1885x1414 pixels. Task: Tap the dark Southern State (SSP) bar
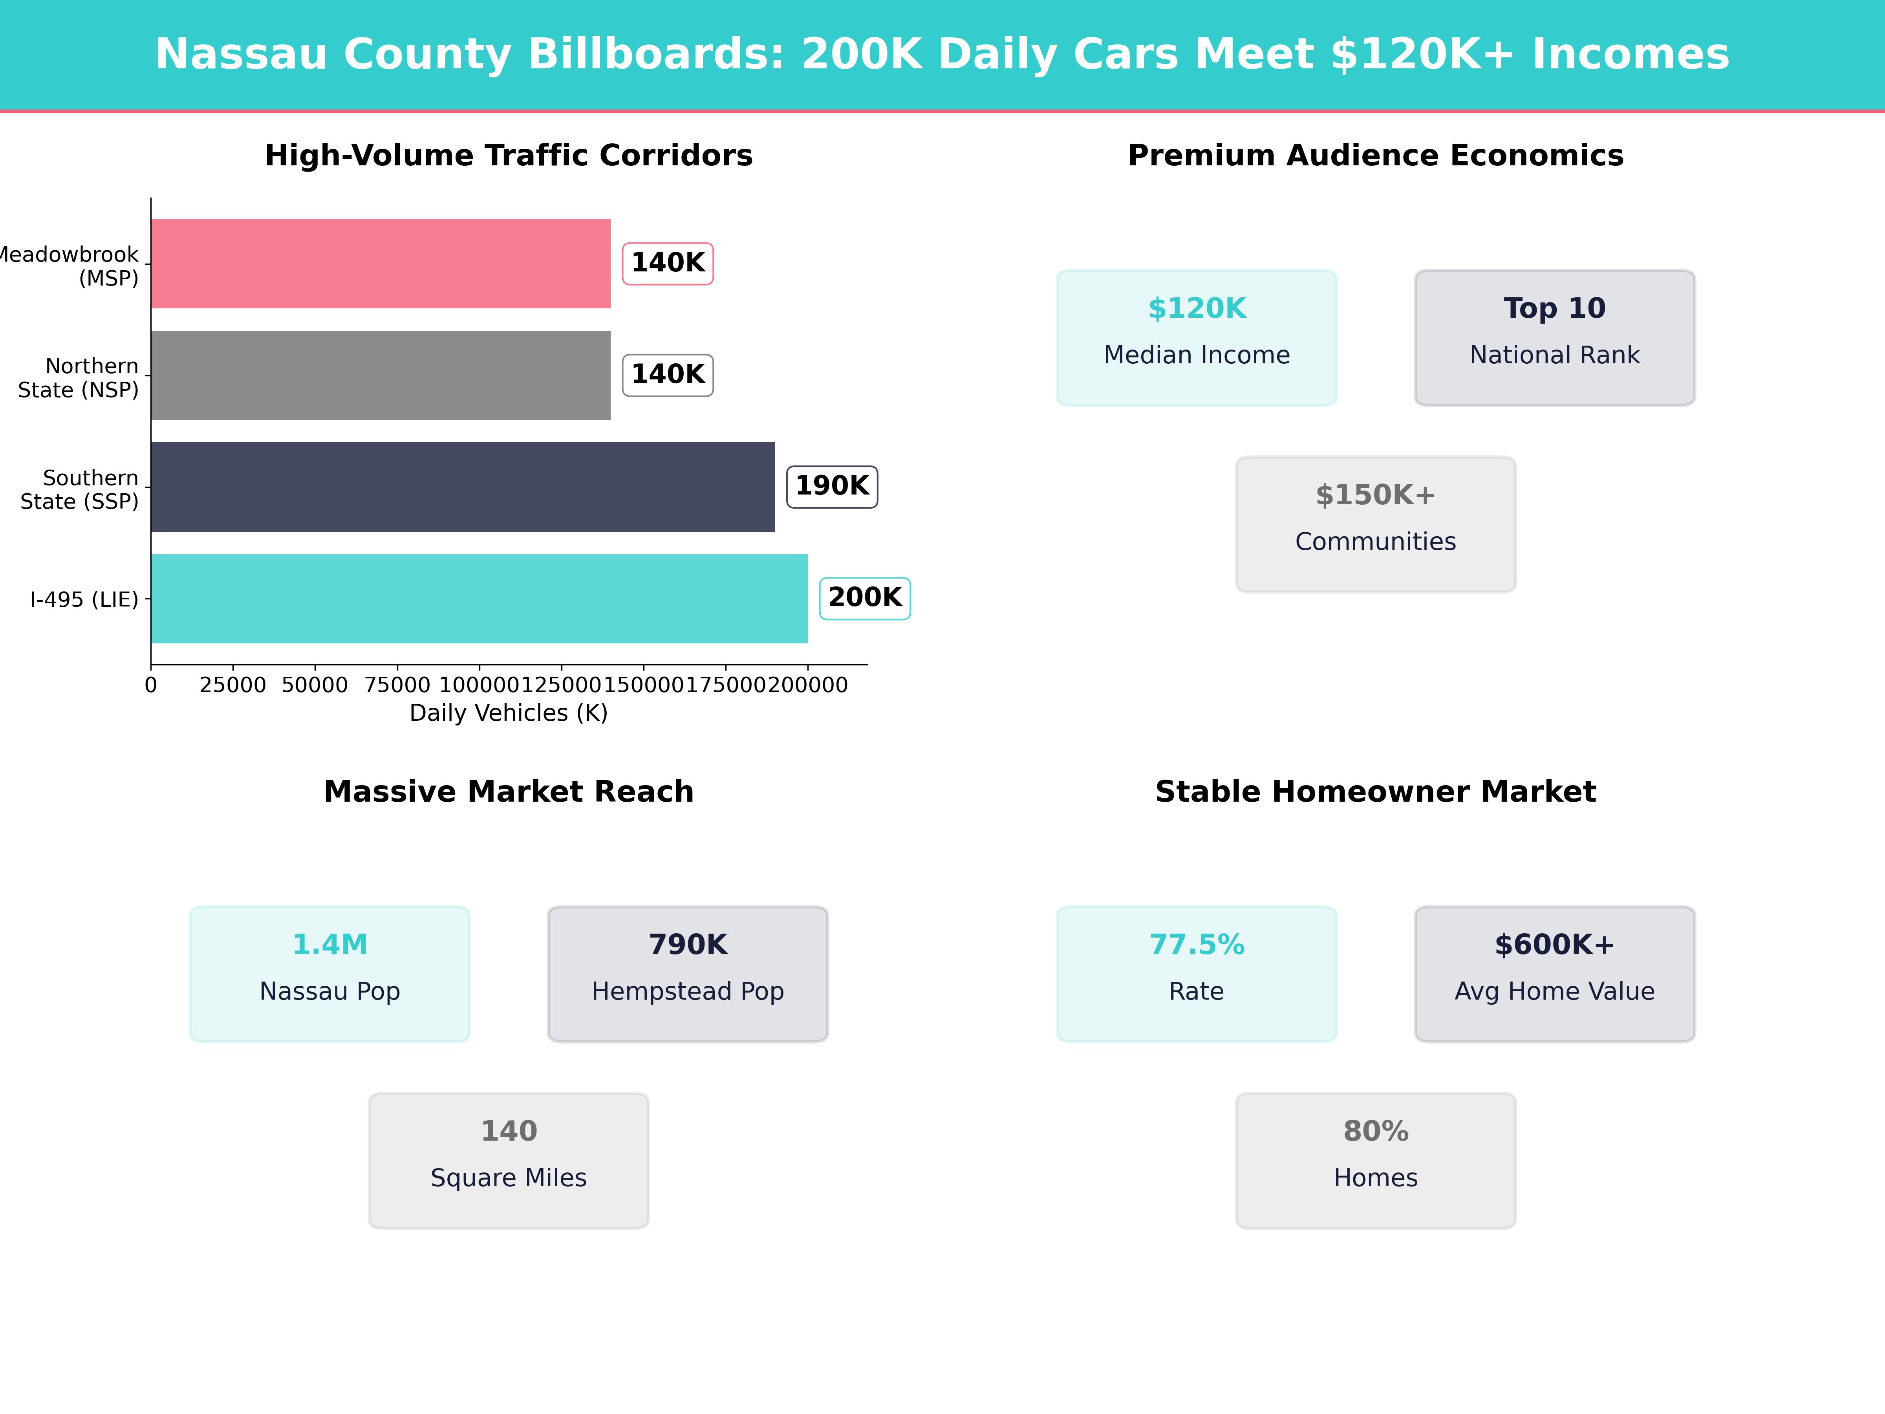[463, 487]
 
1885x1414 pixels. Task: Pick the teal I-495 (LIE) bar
[479, 598]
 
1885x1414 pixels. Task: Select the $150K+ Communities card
[1375, 524]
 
